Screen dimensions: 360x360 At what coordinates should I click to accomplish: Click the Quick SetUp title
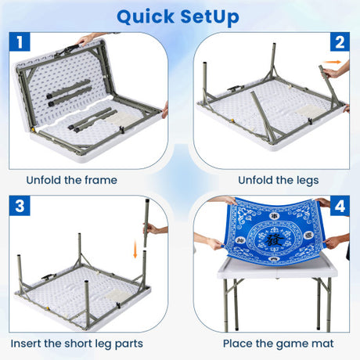[x=178, y=17]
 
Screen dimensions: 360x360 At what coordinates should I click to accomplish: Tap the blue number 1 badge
[x=20, y=41]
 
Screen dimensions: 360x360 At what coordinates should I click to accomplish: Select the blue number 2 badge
[x=340, y=41]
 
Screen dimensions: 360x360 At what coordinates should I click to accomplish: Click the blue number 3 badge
[x=20, y=206]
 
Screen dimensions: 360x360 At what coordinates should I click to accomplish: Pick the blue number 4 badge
[x=340, y=206]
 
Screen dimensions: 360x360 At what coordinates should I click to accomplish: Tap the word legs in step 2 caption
[x=308, y=181]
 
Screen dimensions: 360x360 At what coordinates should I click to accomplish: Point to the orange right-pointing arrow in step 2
[x=332, y=62]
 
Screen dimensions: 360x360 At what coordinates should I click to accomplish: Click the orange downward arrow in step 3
[x=135, y=249]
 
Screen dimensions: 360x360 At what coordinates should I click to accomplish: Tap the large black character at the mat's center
[x=274, y=239]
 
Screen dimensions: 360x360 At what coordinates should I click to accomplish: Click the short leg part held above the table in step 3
[x=146, y=223]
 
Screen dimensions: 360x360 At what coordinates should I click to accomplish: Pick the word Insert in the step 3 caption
[x=26, y=344]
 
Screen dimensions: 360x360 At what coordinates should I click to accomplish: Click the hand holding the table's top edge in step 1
[x=85, y=41]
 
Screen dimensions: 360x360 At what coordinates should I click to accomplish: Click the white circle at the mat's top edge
[x=274, y=216]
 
